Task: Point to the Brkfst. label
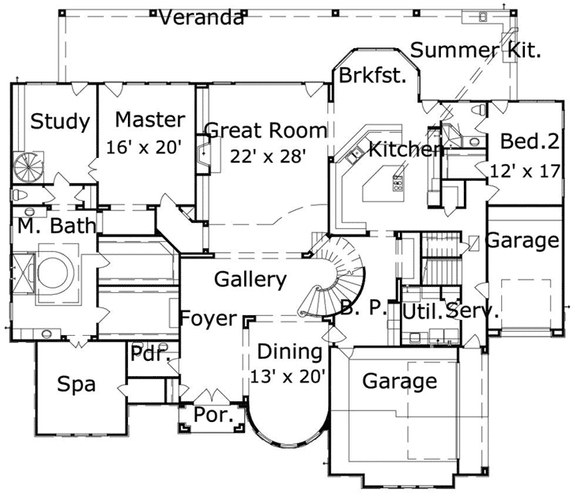coord(372,76)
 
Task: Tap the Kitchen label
coord(404,149)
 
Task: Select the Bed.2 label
coord(530,141)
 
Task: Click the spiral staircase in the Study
coord(30,167)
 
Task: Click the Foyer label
coord(208,318)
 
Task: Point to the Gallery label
coord(250,279)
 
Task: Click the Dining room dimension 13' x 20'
coord(288,375)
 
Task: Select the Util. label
coord(420,311)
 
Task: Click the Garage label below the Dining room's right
coord(399,382)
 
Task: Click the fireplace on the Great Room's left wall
coord(204,154)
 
